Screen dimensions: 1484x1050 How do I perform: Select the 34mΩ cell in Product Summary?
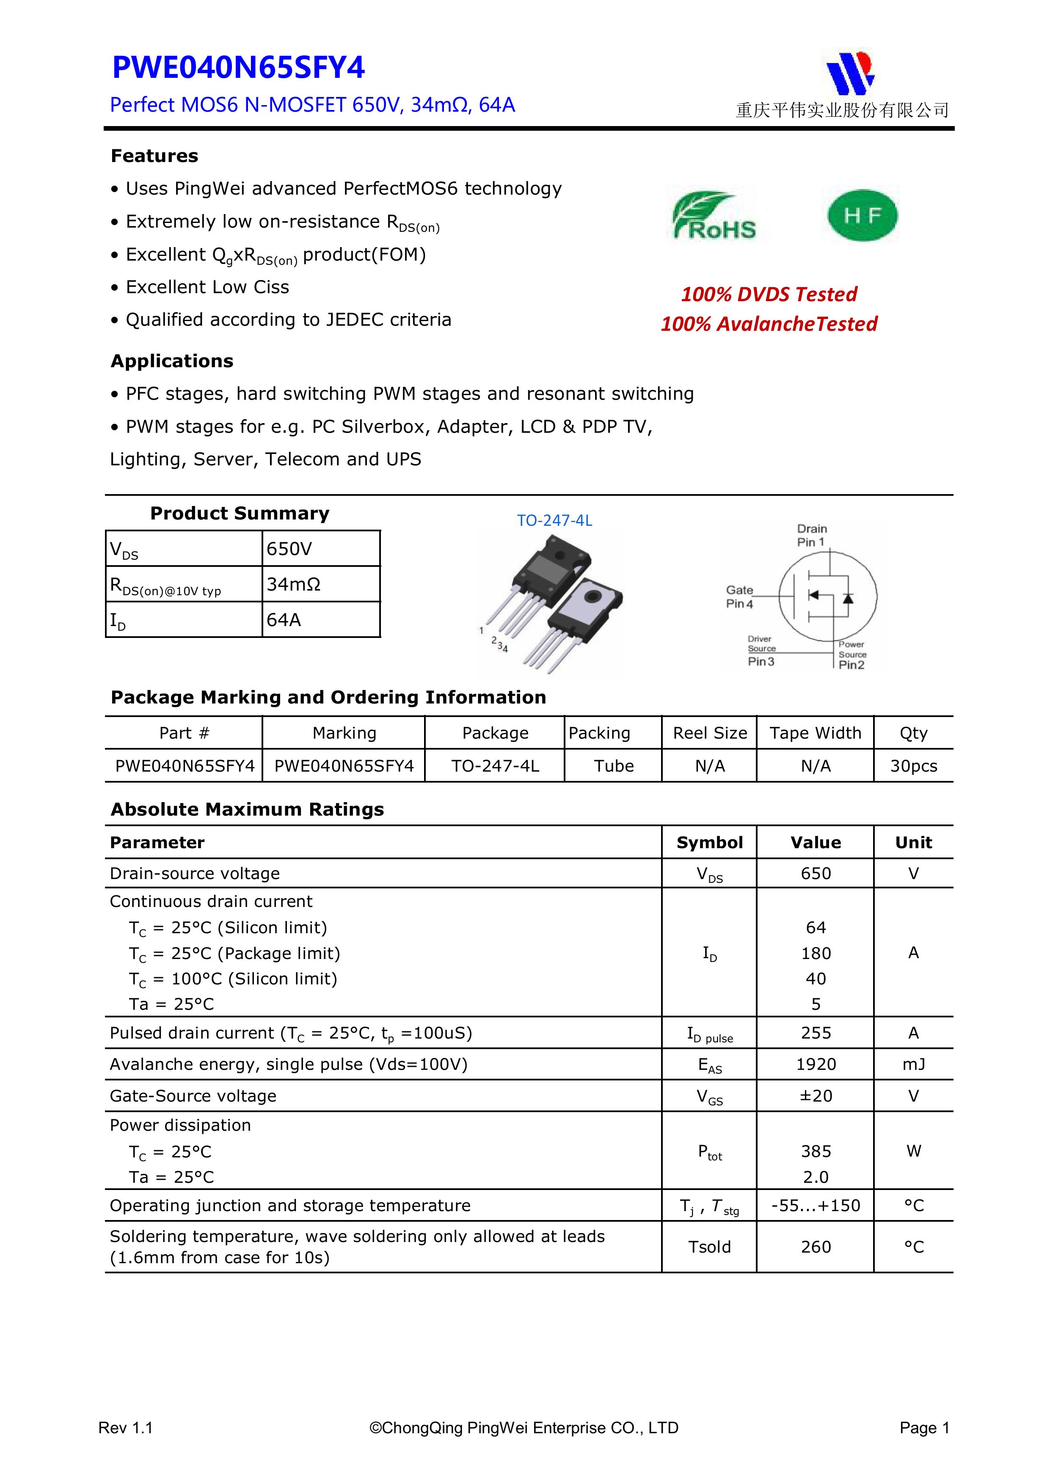point(321,584)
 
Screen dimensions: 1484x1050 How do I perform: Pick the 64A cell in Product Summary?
point(321,620)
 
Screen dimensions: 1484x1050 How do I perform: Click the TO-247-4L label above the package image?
point(554,521)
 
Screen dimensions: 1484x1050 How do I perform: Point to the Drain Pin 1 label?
point(811,535)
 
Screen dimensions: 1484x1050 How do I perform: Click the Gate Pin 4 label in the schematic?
point(740,596)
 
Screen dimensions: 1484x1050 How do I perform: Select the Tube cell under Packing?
point(614,766)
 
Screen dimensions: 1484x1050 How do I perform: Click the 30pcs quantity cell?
point(913,766)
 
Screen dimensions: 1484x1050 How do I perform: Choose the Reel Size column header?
point(709,733)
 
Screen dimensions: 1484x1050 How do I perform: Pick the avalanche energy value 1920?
point(815,1064)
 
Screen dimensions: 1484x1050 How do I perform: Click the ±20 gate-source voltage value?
point(815,1096)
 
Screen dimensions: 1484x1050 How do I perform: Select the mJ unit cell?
point(913,1064)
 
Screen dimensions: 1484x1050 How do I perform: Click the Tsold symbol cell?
point(709,1247)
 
